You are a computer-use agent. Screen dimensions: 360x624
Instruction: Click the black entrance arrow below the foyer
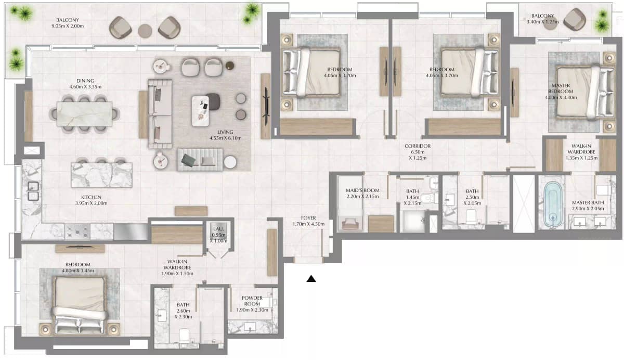[311, 279]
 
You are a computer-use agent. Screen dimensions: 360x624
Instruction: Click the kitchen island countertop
[101, 175]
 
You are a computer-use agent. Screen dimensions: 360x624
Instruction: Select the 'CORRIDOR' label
[417, 146]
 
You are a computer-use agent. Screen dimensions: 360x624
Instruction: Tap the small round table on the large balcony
[145, 30]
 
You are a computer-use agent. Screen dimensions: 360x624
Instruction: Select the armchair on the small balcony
[575, 20]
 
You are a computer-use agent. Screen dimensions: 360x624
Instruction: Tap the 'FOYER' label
[308, 218]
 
